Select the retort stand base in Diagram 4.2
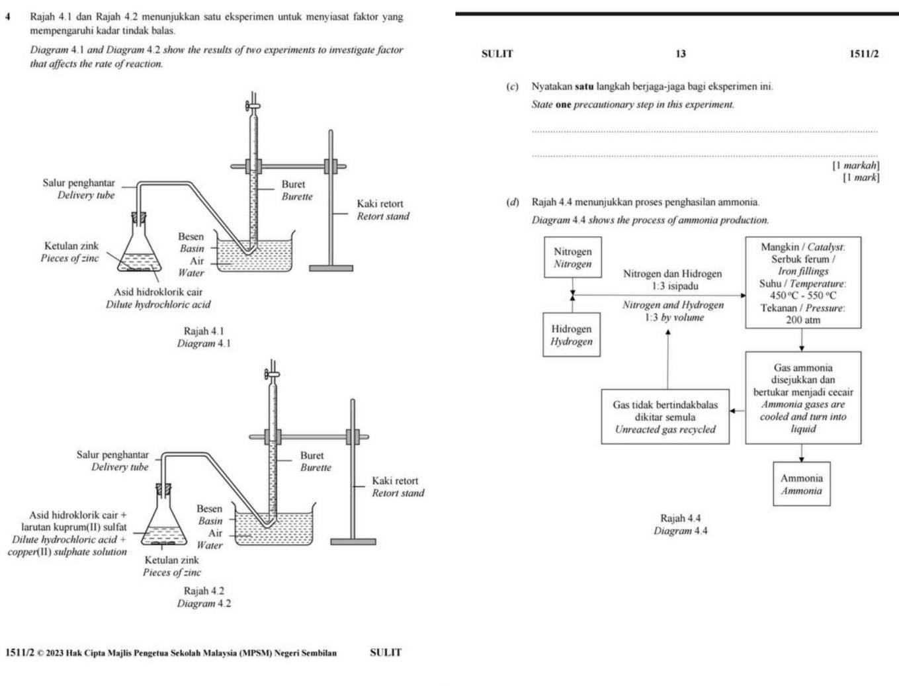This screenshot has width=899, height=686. pyautogui.click(x=353, y=542)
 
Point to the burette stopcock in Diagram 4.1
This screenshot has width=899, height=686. pyautogui.click(x=253, y=106)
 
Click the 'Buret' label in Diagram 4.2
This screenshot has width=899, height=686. pyautogui.click(x=312, y=455)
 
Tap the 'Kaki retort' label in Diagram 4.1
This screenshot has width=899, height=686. pyautogui.click(x=380, y=204)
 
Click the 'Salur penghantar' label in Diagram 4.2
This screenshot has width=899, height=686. pyautogui.click(x=112, y=454)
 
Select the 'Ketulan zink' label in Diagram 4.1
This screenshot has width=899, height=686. pyautogui.click(x=71, y=245)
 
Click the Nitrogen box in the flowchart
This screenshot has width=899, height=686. pyautogui.click(x=573, y=257)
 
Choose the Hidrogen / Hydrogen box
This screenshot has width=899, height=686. pyautogui.click(x=572, y=335)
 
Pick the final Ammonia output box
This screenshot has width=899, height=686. pyautogui.click(x=802, y=484)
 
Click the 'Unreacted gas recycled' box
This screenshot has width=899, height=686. pyautogui.click(x=665, y=417)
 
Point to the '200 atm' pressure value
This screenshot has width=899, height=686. pyautogui.click(x=803, y=320)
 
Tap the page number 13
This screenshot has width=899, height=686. pyautogui.click(x=681, y=54)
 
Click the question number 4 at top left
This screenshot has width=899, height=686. pyautogui.click(x=8, y=17)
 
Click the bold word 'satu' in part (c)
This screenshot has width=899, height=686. pyautogui.click(x=584, y=87)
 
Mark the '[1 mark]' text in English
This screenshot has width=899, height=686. pyautogui.click(x=861, y=177)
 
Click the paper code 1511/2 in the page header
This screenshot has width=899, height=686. pyautogui.click(x=864, y=54)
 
